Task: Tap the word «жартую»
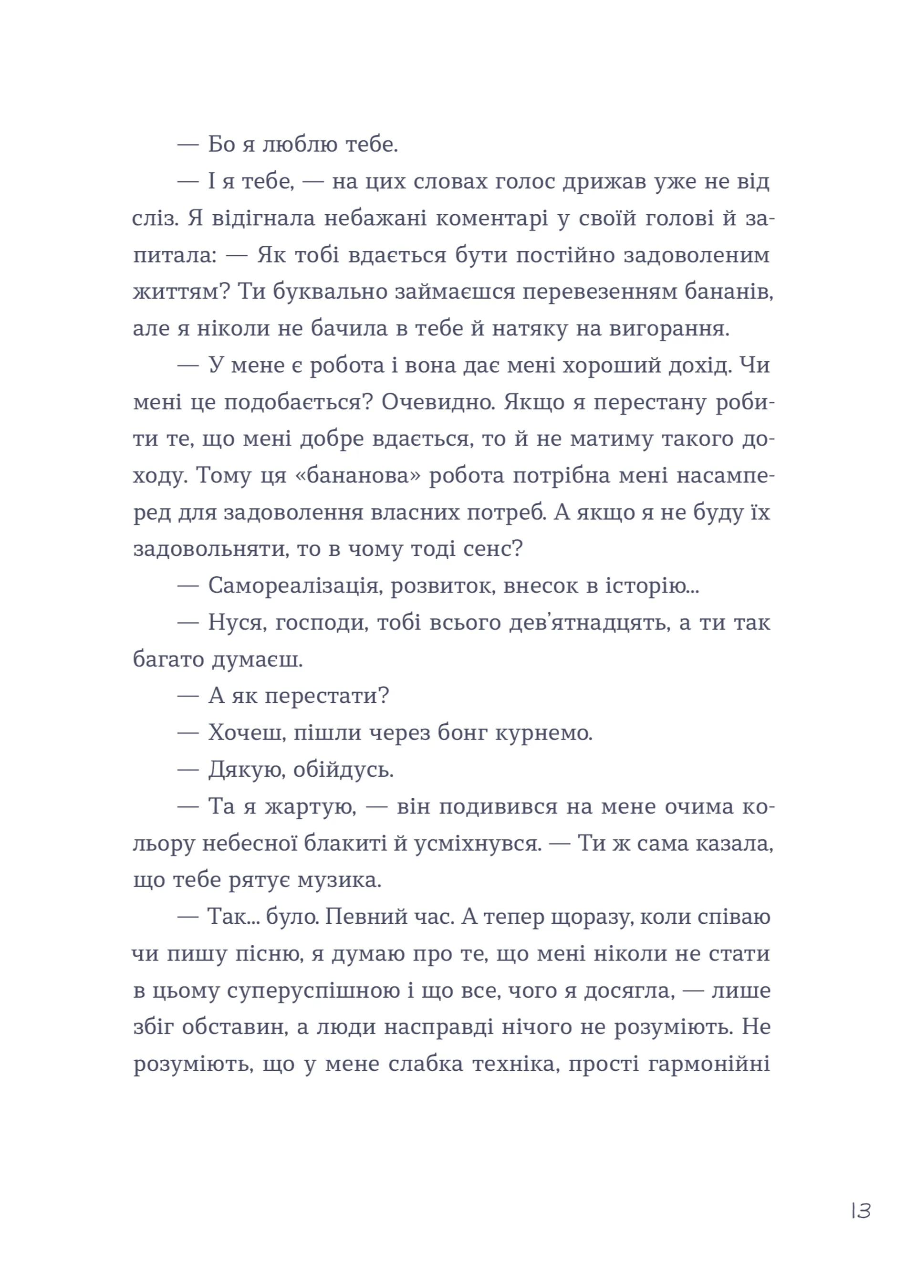pyautogui.click(x=310, y=806)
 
